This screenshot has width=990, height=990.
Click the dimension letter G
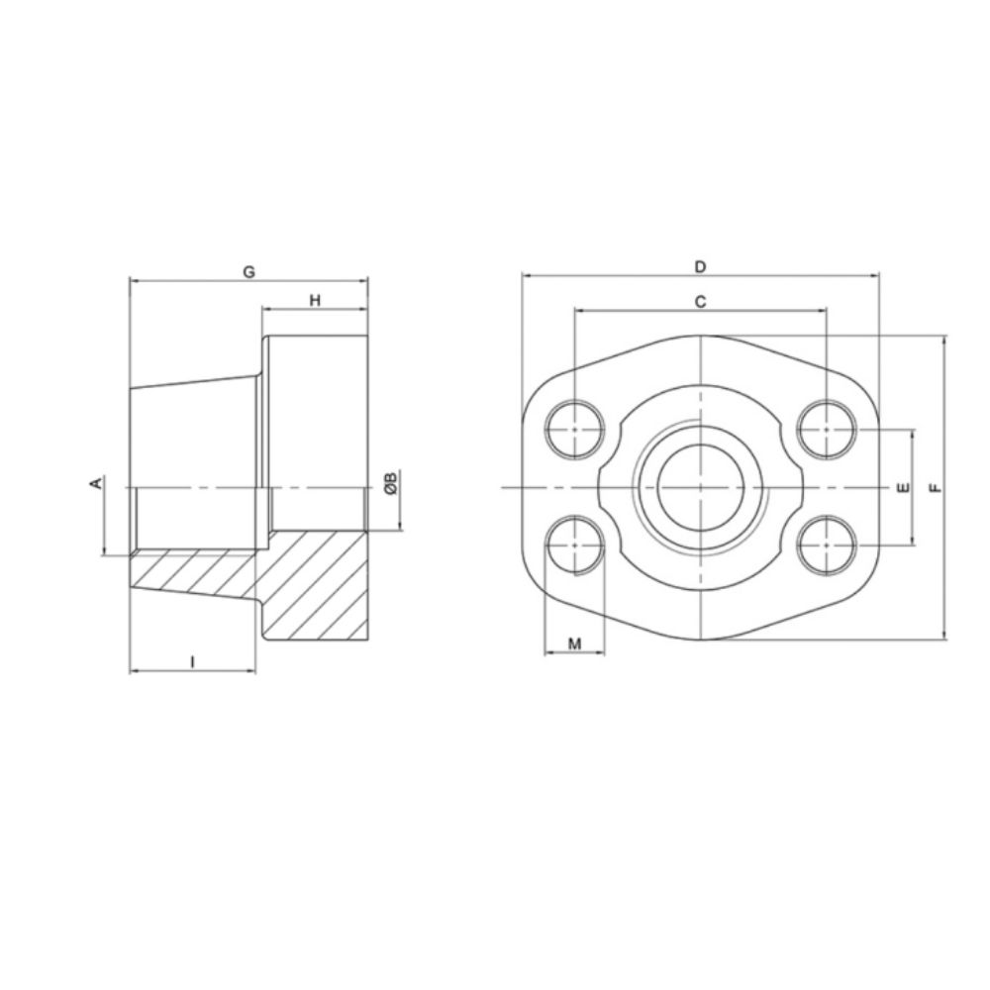click(x=248, y=270)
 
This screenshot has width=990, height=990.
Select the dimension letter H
click(x=315, y=299)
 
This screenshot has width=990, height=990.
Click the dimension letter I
click(x=192, y=660)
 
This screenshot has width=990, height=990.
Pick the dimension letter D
click(x=699, y=266)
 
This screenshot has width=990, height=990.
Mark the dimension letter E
click(x=900, y=488)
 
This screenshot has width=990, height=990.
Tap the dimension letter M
click(x=575, y=644)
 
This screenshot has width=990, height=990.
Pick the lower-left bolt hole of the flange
click(x=575, y=545)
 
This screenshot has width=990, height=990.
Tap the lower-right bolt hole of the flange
click(x=827, y=545)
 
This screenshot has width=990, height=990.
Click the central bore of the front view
click(x=699, y=488)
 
